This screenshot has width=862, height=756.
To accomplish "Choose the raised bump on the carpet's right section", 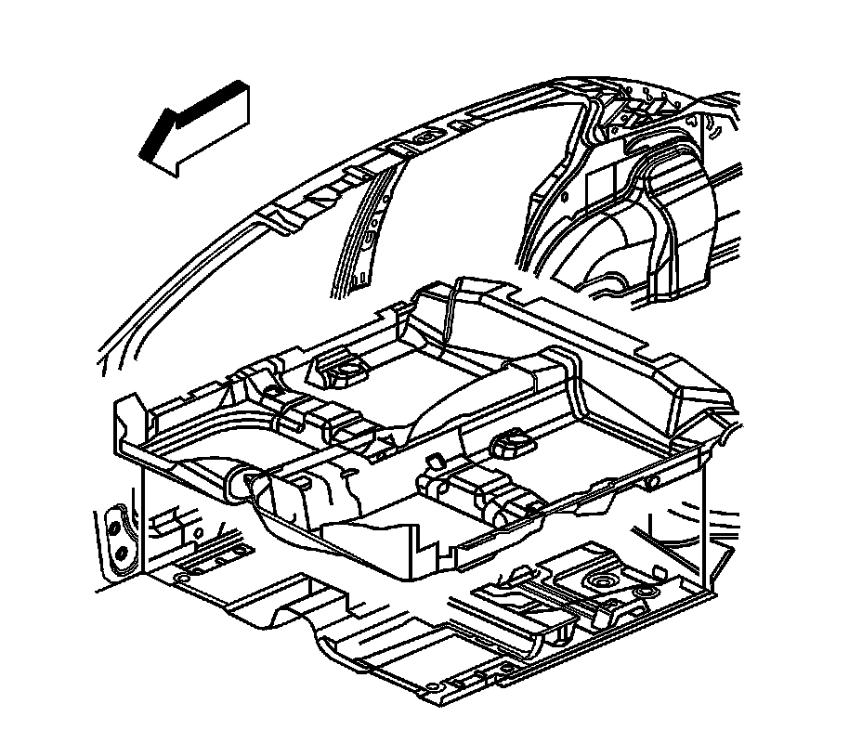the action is [510, 445].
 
